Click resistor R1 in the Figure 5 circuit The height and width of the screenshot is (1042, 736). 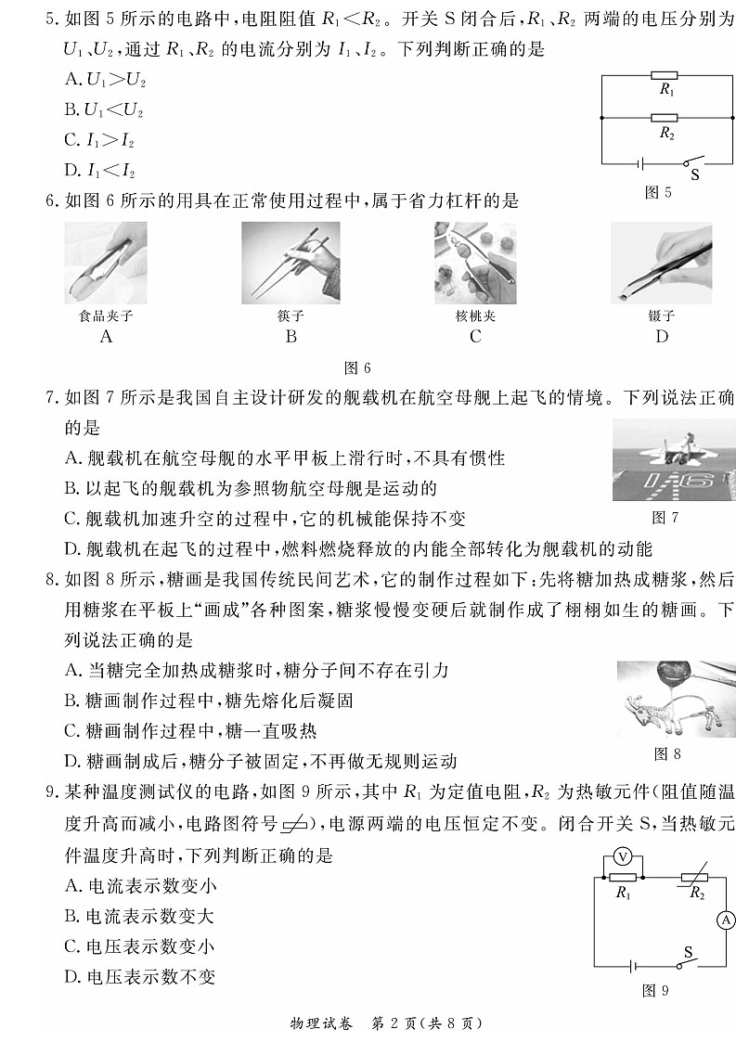click(x=665, y=76)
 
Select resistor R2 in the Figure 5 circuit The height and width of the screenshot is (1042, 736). click(x=665, y=119)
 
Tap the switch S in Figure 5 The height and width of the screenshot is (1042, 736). click(x=691, y=160)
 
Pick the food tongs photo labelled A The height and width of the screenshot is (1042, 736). click(x=106, y=263)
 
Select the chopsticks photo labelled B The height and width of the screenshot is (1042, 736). click(x=290, y=263)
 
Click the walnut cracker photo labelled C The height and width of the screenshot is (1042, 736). click(x=475, y=263)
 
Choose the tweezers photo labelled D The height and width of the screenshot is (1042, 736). click(x=661, y=263)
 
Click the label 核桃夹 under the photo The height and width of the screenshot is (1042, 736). click(x=475, y=315)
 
